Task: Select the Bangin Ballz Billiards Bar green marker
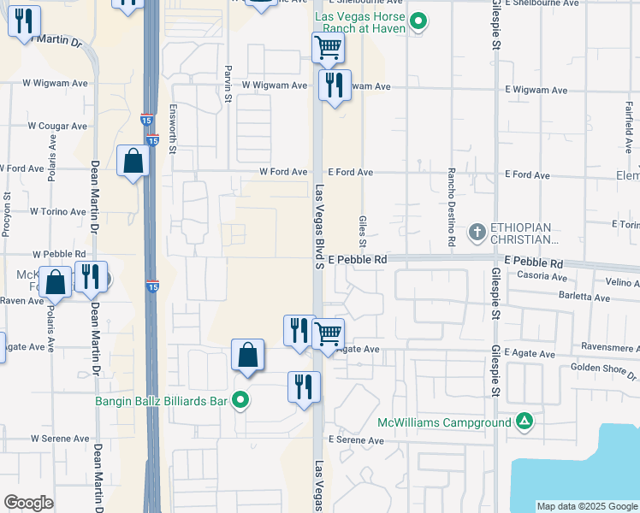pos(241,399)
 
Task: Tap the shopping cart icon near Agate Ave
pos(329,333)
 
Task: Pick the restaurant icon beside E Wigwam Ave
pos(334,85)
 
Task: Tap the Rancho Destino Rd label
pos(451,208)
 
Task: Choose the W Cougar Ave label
pos(57,126)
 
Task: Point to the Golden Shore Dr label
pos(604,370)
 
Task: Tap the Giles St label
pos(363,228)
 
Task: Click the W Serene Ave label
pos(60,439)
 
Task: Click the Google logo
pos(28,503)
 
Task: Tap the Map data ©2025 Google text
pos(586,506)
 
